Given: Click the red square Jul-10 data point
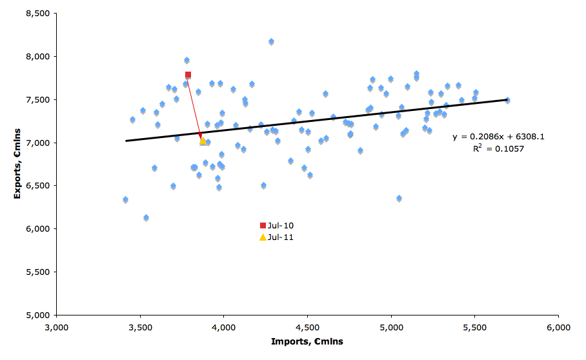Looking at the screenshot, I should tap(188, 75).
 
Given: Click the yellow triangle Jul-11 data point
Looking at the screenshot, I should tap(203, 141).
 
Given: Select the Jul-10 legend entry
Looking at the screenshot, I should tap(277, 225).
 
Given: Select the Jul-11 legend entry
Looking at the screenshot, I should tap(277, 237).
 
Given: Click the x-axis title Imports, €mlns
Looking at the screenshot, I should tap(307, 341).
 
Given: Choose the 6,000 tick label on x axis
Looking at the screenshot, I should tap(558, 327).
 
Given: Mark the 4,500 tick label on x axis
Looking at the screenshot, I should tap(307, 327).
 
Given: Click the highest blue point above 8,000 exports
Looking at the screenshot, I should tap(271, 42).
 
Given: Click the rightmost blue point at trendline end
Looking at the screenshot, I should tap(507, 100).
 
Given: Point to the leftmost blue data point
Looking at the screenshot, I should tap(125, 200).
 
